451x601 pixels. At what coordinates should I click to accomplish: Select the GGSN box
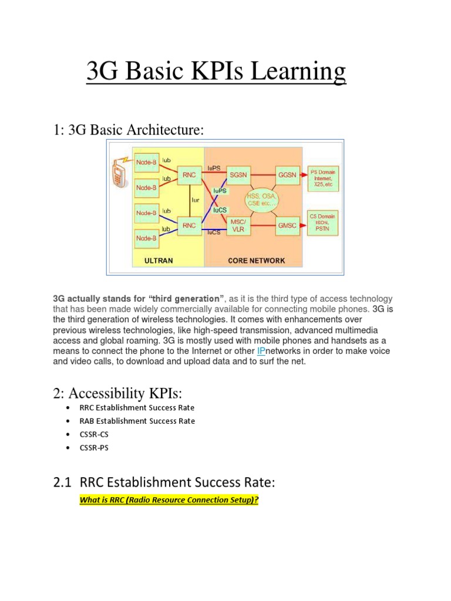[287, 174]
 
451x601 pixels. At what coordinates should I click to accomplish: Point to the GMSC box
[287, 225]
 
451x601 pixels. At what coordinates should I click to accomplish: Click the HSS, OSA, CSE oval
[264, 200]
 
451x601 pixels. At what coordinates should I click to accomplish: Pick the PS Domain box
[323, 178]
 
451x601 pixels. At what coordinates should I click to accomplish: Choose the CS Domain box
[323, 223]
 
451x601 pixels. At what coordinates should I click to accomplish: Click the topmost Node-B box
[146, 162]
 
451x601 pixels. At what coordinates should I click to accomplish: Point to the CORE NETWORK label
[257, 261]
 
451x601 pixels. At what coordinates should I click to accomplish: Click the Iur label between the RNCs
[196, 200]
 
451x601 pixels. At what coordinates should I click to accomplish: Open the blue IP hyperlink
[261, 351]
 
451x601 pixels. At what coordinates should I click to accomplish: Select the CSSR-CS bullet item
[94, 434]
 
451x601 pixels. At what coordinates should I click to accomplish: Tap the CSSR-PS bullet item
[94, 448]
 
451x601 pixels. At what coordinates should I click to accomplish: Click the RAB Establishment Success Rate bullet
[137, 421]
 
